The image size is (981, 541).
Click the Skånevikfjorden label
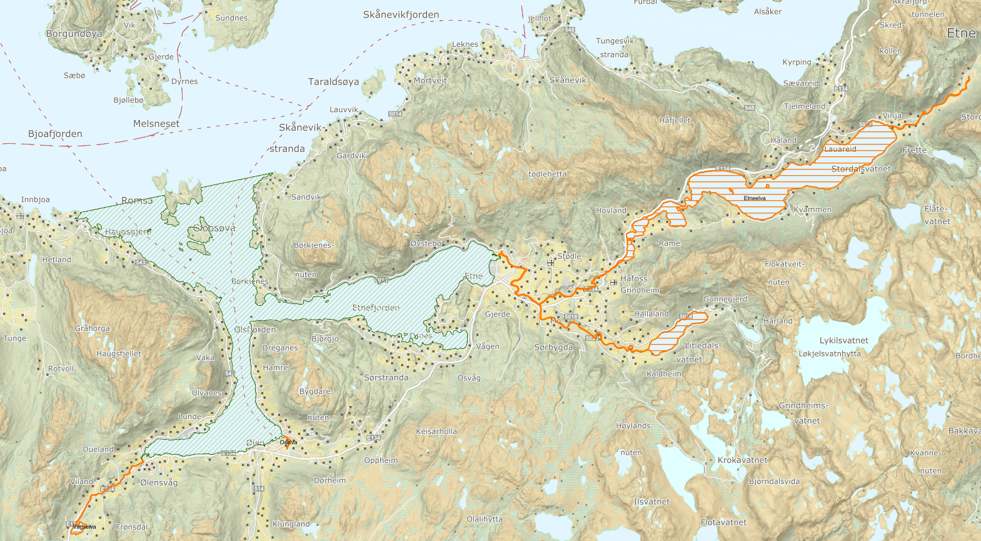(401, 15)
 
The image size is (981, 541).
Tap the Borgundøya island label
(74, 34)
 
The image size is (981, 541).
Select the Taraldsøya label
(333, 82)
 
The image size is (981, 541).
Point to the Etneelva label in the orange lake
(755, 198)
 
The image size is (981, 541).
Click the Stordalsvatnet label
(861, 169)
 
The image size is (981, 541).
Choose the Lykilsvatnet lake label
(843, 341)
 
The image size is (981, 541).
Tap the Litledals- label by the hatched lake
(703, 345)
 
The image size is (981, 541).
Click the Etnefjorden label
(376, 308)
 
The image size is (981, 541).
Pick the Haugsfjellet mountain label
(119, 354)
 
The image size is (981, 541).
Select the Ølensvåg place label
(159, 482)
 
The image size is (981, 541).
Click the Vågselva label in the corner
(84, 527)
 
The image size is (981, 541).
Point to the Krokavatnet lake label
(742, 460)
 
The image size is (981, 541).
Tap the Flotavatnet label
(723, 522)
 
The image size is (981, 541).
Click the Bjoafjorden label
(55, 134)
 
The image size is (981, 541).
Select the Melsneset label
(156, 124)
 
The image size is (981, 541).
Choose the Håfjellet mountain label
(675, 120)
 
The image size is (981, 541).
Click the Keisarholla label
(436, 432)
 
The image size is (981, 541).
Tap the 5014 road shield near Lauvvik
(395, 114)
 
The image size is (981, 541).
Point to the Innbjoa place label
(35, 200)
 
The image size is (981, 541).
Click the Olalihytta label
(484, 519)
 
